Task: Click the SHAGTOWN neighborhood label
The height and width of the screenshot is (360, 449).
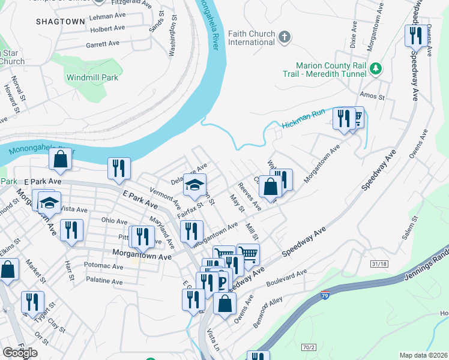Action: pos(60,21)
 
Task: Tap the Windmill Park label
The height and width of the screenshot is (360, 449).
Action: pos(92,77)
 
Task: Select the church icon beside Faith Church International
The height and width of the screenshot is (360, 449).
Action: pos(285,38)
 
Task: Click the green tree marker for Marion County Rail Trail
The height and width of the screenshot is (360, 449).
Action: pos(376,69)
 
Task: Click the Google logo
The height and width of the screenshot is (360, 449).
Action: pos(20,353)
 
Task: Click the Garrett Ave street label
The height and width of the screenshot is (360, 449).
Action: pos(103,44)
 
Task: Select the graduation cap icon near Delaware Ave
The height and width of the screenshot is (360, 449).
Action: pos(194,185)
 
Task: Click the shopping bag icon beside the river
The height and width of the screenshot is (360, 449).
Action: pos(60,160)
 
